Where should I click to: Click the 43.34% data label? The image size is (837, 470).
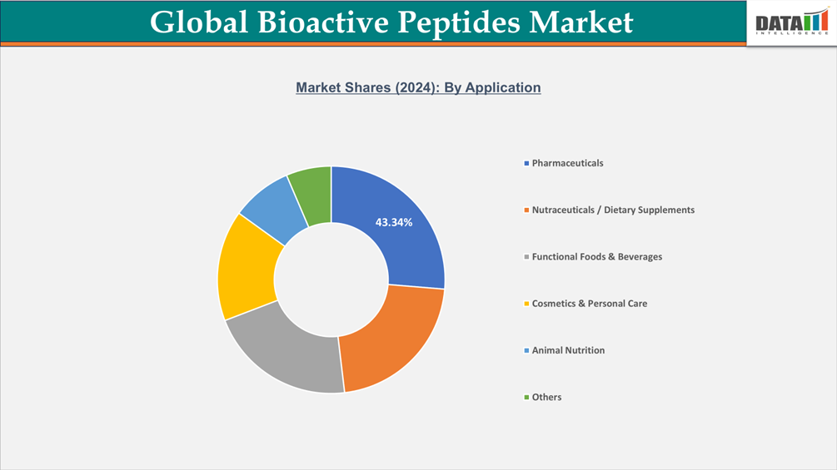[394, 222]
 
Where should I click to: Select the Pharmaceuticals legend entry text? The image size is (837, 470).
[567, 163]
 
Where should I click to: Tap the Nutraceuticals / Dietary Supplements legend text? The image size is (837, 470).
[613, 210]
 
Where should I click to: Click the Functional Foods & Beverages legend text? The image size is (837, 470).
[597, 257]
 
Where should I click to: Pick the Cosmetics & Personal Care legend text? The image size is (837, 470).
[590, 304]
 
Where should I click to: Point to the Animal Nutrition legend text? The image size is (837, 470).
[568, 350]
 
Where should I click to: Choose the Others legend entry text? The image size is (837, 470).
[546, 397]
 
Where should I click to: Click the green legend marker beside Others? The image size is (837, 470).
[526, 398]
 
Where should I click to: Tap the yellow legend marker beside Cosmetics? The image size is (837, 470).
[526, 304]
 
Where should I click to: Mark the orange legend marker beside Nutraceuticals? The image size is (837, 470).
[526, 210]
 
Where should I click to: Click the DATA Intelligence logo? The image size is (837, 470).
[791, 22]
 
